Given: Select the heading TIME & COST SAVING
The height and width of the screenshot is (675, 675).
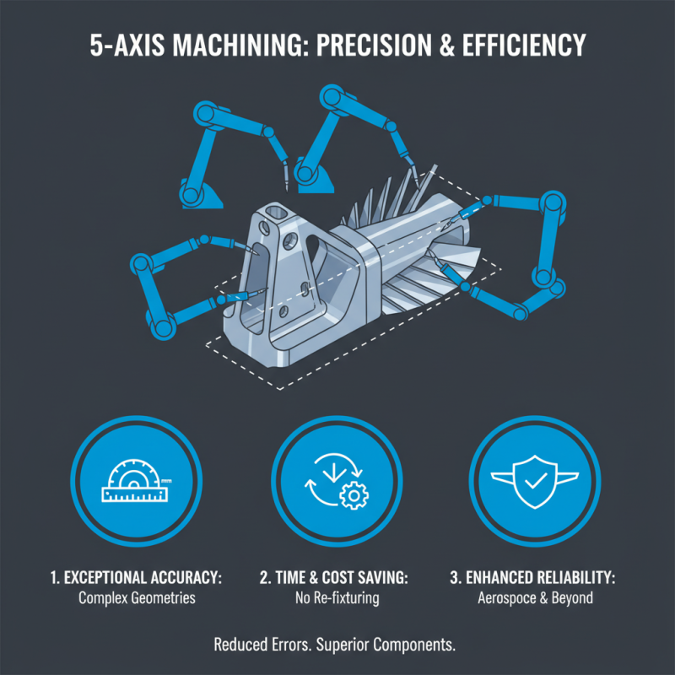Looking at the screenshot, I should [x=337, y=579].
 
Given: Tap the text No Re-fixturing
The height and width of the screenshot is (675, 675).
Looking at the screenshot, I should [x=336, y=598].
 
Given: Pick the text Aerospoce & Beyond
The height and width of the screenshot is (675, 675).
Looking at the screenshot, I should [x=534, y=598].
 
